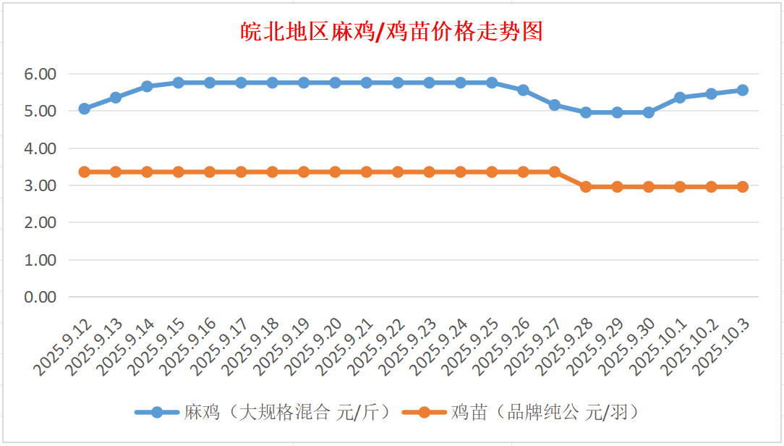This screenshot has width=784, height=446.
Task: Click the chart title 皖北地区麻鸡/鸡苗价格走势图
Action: (x=391, y=32)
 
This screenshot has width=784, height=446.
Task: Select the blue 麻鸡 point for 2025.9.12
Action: (x=84, y=109)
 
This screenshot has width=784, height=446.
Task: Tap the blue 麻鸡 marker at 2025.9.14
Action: (x=147, y=86)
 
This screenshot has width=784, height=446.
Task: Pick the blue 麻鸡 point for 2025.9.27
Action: (x=555, y=105)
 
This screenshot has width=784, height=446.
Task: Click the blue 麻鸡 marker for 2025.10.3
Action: (x=743, y=90)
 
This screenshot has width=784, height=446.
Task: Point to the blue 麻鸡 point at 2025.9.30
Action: (x=649, y=112)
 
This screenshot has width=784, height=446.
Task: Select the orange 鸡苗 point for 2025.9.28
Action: (x=586, y=187)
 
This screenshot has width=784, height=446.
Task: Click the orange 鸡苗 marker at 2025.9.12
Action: (x=84, y=172)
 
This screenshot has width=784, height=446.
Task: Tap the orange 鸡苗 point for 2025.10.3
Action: (x=743, y=187)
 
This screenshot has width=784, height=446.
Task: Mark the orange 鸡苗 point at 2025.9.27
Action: (x=555, y=172)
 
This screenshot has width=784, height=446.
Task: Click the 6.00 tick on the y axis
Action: (x=40, y=74)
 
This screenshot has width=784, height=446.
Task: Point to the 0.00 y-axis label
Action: (x=40, y=297)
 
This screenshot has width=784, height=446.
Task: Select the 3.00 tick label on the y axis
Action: (x=40, y=185)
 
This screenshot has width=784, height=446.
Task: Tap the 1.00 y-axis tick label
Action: (x=40, y=260)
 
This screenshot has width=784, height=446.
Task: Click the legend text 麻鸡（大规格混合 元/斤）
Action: (x=288, y=413)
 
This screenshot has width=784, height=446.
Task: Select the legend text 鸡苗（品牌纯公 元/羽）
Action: (x=545, y=413)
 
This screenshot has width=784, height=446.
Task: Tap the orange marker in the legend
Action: (x=423, y=413)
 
